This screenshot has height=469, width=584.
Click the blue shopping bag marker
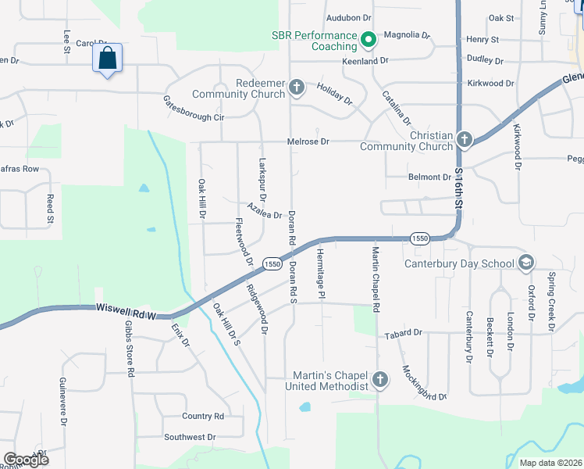(x=107, y=59)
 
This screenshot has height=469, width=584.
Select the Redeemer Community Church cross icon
(x=296, y=87)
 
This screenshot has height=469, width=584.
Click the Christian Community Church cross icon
(x=465, y=140)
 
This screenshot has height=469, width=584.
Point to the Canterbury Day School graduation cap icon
(x=526, y=263)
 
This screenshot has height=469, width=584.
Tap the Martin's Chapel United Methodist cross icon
(x=379, y=381)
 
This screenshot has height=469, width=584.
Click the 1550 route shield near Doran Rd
(x=272, y=264)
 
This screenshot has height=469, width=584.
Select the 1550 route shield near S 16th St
(x=419, y=238)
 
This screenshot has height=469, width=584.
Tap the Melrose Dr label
(x=308, y=141)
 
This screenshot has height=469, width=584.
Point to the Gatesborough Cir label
(x=193, y=108)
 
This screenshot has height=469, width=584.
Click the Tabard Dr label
(x=403, y=333)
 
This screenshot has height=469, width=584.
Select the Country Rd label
(x=202, y=416)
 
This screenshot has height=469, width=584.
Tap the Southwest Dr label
(x=189, y=437)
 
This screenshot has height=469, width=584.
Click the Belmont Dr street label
(x=429, y=177)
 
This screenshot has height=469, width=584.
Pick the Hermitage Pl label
(x=320, y=273)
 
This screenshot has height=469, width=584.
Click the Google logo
(x=26, y=459)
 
